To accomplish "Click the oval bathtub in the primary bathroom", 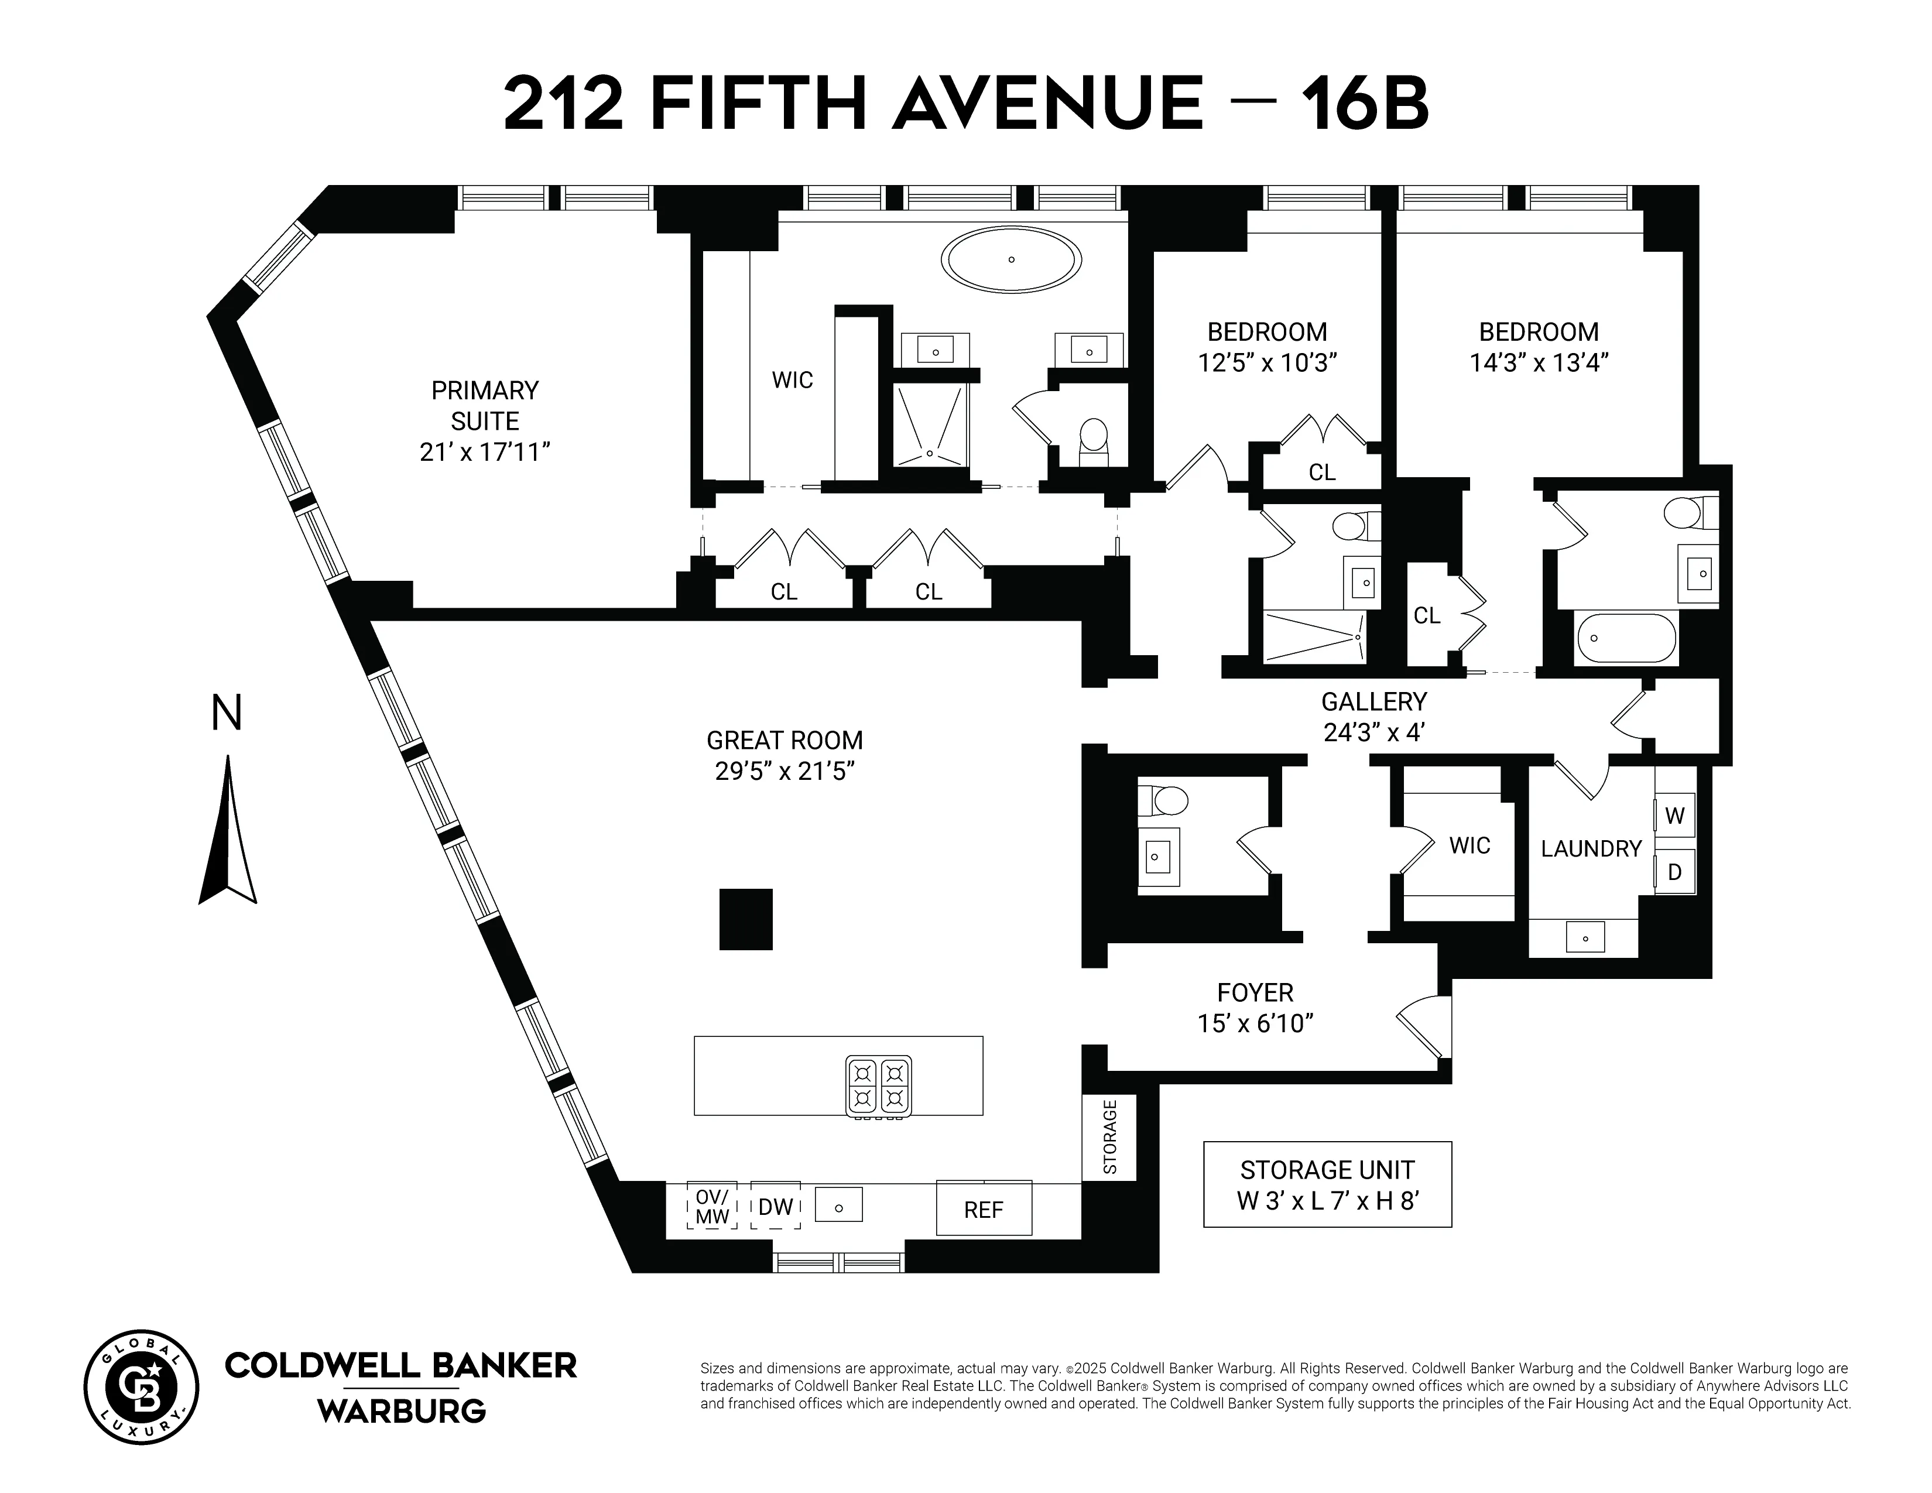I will point(1011,260).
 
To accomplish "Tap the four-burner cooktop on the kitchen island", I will point(878,1086).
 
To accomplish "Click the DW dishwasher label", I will point(776,1207).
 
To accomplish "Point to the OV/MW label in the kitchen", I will point(712,1207).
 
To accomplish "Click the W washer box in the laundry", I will point(1674,816).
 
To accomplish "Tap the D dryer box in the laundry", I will point(1674,872).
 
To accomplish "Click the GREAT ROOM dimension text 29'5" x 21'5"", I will point(785,771).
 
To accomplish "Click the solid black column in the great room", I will point(746,920).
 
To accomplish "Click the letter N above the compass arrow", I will point(227,714).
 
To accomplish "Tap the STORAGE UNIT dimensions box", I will point(1327,1184).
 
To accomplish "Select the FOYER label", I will point(1255,992).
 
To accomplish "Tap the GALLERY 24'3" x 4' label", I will point(1374,717).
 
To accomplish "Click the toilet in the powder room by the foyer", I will point(1162,800).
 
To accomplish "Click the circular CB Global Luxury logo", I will point(142,1387).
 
